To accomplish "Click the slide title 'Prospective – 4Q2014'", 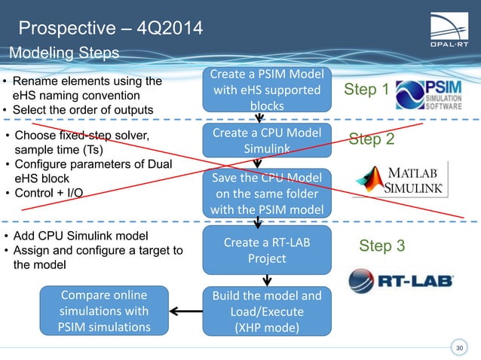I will [109, 29].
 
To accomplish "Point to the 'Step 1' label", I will [366, 90].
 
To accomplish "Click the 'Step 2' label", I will [372, 139].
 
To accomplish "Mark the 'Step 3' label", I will [381, 246].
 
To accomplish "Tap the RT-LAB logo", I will [400, 282].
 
